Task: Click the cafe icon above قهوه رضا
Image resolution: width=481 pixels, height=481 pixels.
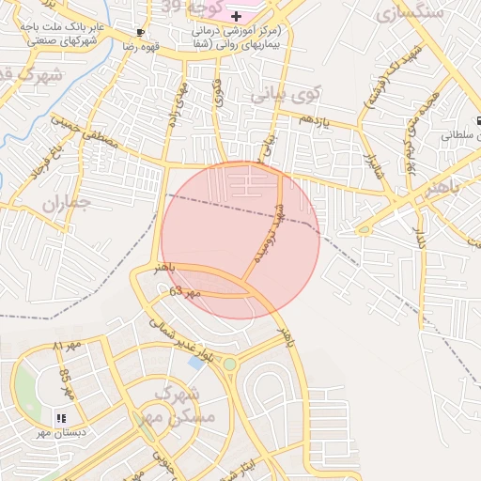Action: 140,31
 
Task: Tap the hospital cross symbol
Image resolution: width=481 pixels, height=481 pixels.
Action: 236,17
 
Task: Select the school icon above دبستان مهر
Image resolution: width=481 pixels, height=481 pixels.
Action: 61,418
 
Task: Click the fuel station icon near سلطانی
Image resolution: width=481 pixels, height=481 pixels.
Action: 477,121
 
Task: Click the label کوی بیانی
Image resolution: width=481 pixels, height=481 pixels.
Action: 287,95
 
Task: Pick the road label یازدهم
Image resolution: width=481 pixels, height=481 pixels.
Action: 315,120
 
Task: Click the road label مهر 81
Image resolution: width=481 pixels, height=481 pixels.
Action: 68,348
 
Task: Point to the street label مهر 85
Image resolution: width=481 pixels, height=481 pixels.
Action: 67,380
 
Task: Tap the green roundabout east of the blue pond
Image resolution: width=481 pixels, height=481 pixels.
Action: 229,364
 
